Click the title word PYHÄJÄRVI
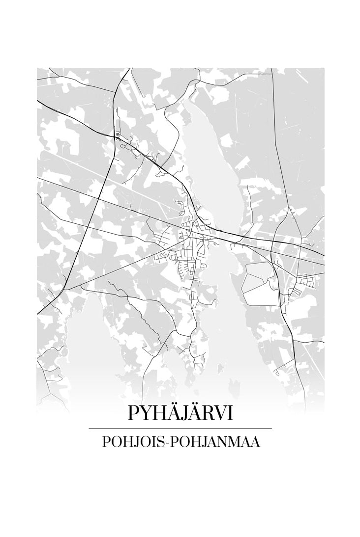tap(180, 413)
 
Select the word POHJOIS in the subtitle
tap(132, 442)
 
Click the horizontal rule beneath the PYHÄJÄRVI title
tap(180, 429)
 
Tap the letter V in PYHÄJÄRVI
tap(218, 413)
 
